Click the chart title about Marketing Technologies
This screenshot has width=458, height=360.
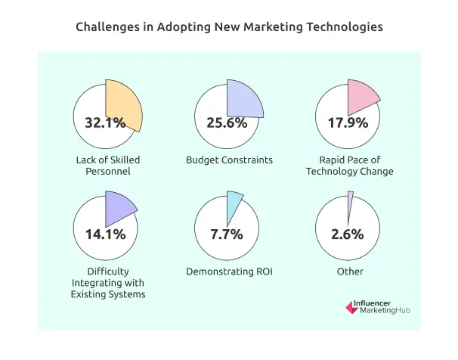coord(229,26)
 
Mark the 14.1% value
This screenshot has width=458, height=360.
coord(107,234)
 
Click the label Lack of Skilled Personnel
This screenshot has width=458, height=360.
coord(107,165)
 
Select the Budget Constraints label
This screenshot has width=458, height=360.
coord(229,160)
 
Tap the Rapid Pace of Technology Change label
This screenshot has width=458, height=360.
coord(349,165)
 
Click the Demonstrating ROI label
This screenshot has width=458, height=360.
coord(229,272)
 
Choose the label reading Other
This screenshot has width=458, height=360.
coord(350,272)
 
